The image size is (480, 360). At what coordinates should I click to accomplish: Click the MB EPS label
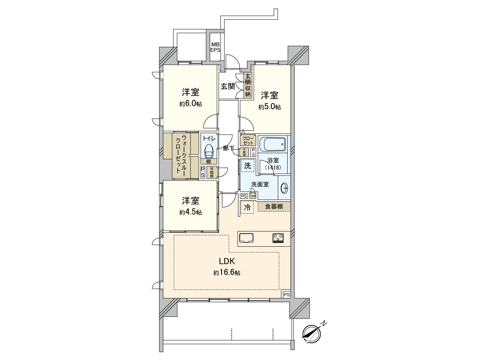[215, 47]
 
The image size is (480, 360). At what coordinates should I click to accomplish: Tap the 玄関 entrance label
[228, 86]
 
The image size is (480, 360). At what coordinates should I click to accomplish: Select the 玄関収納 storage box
[248, 85]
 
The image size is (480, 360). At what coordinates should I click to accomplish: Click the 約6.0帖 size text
[191, 104]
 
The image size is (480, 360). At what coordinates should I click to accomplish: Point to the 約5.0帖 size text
[270, 107]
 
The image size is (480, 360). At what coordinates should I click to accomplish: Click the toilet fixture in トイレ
[209, 151]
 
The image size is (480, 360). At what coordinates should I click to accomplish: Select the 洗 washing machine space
[247, 166]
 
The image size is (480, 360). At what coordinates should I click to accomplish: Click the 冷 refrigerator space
[247, 207]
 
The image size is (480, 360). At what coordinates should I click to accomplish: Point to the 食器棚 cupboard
[274, 207]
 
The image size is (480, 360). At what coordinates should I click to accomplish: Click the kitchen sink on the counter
[246, 238]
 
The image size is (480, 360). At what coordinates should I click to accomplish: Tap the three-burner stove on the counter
[278, 238]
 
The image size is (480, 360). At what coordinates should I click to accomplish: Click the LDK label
[226, 261]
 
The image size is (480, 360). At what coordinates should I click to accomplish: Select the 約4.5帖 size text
[191, 212]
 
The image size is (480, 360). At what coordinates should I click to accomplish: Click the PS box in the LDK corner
[286, 294]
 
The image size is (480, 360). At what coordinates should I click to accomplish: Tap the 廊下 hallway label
[229, 148]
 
